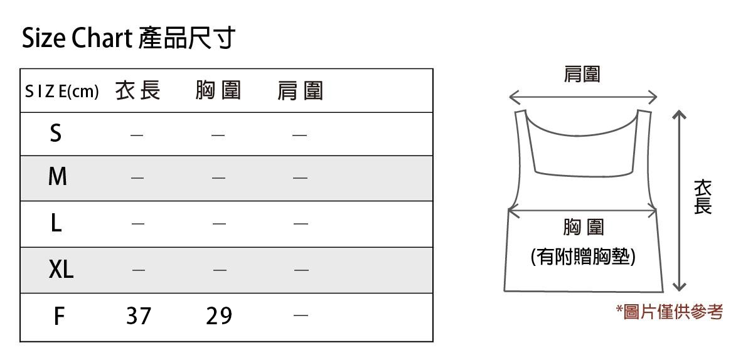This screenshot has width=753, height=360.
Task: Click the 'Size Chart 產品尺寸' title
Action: (x=128, y=39)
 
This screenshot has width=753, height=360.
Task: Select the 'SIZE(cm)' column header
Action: (x=61, y=92)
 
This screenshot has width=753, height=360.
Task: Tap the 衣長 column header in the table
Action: (x=138, y=92)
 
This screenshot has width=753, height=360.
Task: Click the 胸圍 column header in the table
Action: (x=218, y=92)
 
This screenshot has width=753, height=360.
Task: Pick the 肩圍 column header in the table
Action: (x=300, y=92)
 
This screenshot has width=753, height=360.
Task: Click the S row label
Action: (x=56, y=134)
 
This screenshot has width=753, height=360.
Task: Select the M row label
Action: (x=57, y=177)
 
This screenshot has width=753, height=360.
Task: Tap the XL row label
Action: (x=61, y=270)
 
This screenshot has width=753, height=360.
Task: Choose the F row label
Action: (x=58, y=315)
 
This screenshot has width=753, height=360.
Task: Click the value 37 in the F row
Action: (x=139, y=315)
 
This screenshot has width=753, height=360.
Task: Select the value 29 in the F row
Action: (x=219, y=315)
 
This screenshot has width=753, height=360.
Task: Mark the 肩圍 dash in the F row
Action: (x=301, y=315)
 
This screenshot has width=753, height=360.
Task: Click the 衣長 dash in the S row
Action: (x=137, y=134)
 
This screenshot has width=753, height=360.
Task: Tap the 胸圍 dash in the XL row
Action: (x=219, y=270)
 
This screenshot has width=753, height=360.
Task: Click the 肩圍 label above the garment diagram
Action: (x=582, y=75)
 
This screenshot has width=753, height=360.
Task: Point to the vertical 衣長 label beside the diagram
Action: (x=703, y=197)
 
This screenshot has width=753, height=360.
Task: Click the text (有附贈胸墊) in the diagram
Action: (x=582, y=257)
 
